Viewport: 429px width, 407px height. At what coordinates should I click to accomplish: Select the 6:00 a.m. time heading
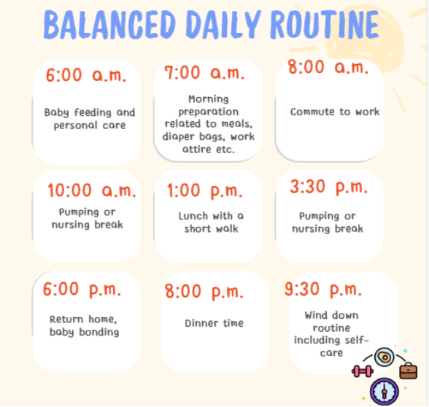tap(85, 76)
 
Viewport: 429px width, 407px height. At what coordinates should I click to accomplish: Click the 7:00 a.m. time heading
tap(207, 74)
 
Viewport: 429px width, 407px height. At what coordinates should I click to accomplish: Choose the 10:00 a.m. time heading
tap(92, 191)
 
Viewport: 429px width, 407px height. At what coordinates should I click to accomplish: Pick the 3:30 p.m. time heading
tap(328, 187)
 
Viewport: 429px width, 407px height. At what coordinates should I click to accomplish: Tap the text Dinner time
tap(214, 323)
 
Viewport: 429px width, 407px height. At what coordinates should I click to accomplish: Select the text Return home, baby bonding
tap(84, 325)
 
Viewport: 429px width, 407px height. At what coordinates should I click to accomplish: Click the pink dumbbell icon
tap(362, 371)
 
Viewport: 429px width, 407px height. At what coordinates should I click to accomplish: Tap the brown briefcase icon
tap(408, 370)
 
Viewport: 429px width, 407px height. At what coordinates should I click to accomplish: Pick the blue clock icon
tap(384, 390)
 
